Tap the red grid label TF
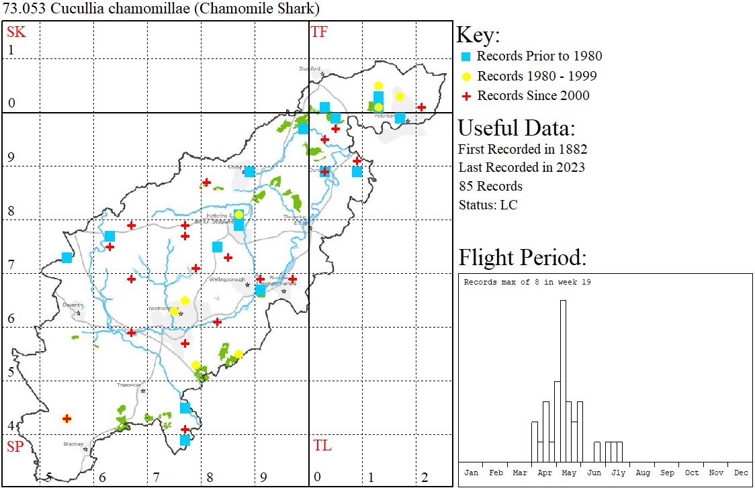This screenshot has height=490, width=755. click(x=319, y=32)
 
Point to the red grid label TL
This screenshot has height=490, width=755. click(x=322, y=446)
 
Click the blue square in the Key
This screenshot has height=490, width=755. click(x=466, y=56)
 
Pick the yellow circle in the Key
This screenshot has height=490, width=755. click(x=466, y=77)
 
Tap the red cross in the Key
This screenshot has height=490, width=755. click(x=466, y=96)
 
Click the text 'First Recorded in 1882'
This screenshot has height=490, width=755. click(x=523, y=149)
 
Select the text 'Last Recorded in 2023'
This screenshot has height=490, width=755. click(x=521, y=167)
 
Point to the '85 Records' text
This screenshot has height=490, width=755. click(x=490, y=186)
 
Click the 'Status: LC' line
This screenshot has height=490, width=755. click(x=488, y=205)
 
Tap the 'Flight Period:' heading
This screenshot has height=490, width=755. click(x=522, y=257)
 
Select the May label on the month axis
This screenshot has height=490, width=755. click(x=569, y=473)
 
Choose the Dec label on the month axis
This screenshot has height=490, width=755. click(x=741, y=473)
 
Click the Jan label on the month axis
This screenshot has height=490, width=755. click(x=471, y=473)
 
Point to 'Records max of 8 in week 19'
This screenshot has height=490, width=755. click(x=527, y=282)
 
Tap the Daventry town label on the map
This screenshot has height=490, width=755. click(x=72, y=305)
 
